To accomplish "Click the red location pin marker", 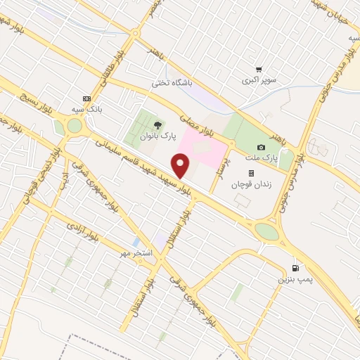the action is point(181,166).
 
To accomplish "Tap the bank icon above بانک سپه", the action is point(87,98).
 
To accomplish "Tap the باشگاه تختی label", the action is point(172,83).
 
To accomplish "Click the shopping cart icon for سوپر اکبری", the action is point(259,70).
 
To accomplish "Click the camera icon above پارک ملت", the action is point(262,147).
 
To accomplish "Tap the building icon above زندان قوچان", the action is point(250,172).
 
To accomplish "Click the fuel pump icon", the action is point(295,268).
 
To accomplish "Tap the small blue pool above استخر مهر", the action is point(135,242).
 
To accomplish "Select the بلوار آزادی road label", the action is point(82,227).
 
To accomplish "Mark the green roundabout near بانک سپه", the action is point(75,125).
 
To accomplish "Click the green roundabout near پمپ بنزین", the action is point(266,231).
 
